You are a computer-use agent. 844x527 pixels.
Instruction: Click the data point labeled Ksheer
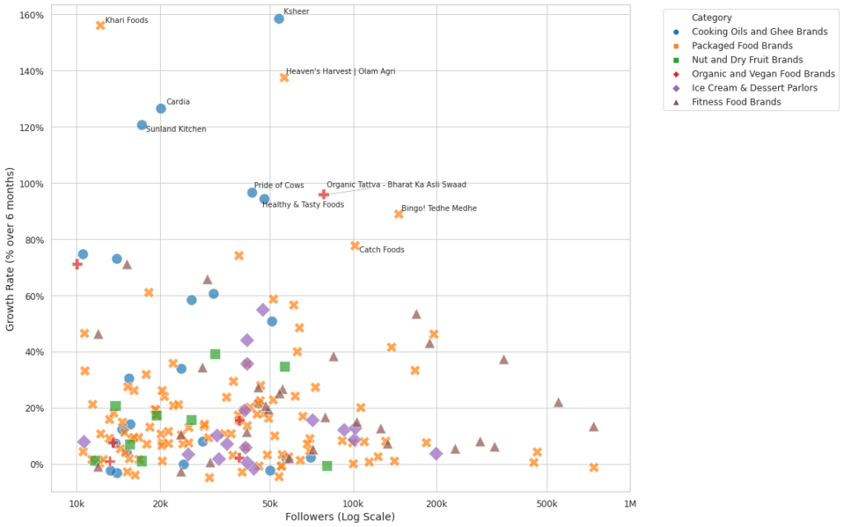click(279, 19)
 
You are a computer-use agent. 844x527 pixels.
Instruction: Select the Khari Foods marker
click(101, 26)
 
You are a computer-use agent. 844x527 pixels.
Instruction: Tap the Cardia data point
click(161, 109)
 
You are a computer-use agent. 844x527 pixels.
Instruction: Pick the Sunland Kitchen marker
click(142, 125)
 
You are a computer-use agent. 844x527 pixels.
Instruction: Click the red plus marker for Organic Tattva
click(324, 194)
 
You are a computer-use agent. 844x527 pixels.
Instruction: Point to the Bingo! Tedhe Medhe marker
click(399, 214)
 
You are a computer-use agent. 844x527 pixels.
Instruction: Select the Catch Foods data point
click(355, 245)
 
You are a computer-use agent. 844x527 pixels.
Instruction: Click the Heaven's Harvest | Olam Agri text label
click(340, 72)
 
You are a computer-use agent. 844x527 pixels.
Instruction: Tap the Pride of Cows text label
click(279, 185)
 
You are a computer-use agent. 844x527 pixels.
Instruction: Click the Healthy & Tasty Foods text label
click(302, 204)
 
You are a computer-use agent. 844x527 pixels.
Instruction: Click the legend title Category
click(711, 17)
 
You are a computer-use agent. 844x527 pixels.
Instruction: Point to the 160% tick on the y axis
click(31, 16)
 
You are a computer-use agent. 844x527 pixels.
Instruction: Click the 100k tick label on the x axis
click(353, 503)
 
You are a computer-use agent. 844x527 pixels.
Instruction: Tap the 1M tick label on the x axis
click(630, 503)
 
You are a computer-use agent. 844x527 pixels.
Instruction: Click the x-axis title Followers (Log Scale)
click(340, 516)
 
